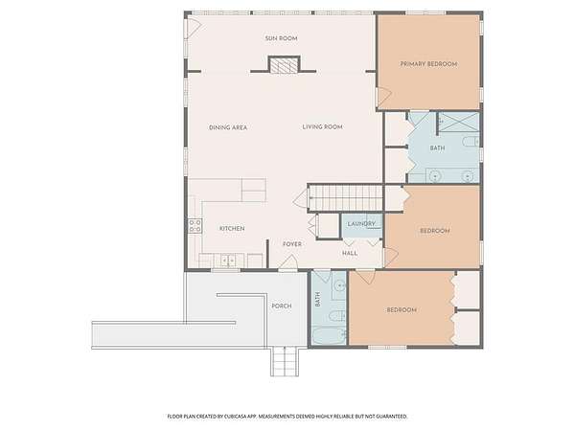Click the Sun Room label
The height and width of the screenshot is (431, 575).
[281, 38]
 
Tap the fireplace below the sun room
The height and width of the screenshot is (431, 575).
[285, 65]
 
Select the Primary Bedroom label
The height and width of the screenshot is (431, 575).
[428, 64]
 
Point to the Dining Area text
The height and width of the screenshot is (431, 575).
[228, 127]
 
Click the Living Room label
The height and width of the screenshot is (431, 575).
[323, 126]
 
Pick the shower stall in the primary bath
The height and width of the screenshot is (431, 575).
[459, 122]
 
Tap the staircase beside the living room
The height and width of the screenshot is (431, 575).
[345, 198]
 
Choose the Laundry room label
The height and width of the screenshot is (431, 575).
[361, 223]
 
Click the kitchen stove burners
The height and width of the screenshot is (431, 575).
[195, 226]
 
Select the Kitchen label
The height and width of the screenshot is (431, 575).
[232, 228]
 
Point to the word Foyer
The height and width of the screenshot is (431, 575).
[292, 244]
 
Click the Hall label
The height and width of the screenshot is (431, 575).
[350, 253]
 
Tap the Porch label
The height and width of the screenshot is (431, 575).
[282, 306]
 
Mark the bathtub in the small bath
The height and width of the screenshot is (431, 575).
[329, 336]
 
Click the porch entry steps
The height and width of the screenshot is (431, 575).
[284, 361]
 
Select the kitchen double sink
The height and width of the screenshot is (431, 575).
[228, 261]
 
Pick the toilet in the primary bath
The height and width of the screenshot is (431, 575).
[471, 142]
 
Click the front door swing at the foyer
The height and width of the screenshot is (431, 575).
[287, 261]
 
